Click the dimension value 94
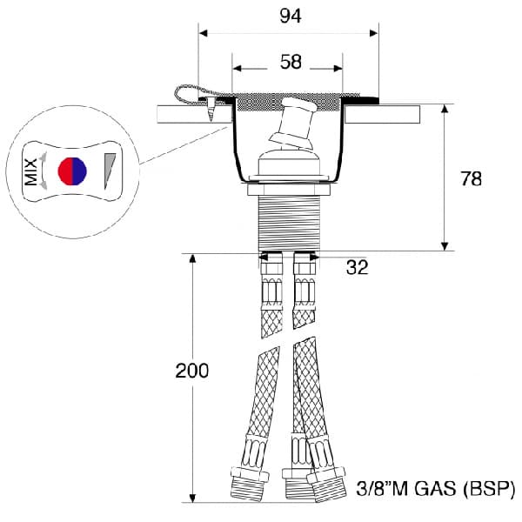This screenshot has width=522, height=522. (x=291, y=16)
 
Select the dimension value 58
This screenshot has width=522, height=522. (x=291, y=62)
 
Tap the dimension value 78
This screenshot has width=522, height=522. (x=471, y=178)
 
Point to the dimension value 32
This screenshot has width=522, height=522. (x=358, y=267)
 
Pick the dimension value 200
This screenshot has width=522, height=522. (x=192, y=371)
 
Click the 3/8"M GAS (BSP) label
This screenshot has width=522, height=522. (x=436, y=489)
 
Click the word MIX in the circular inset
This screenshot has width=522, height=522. (x=31, y=171)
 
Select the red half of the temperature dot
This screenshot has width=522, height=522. (x=65, y=171)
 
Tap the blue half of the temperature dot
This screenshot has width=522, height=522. (x=79, y=171)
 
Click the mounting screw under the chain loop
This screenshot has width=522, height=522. (x=211, y=109)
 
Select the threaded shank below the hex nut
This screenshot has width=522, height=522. (x=289, y=223)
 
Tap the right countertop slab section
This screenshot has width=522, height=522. (x=382, y=115)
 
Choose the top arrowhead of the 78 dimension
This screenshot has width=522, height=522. (x=445, y=109)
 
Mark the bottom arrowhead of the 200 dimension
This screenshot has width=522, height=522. (x=192, y=498)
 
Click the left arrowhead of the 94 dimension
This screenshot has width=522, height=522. (x=203, y=33)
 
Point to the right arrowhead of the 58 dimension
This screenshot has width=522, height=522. (x=338, y=69)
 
